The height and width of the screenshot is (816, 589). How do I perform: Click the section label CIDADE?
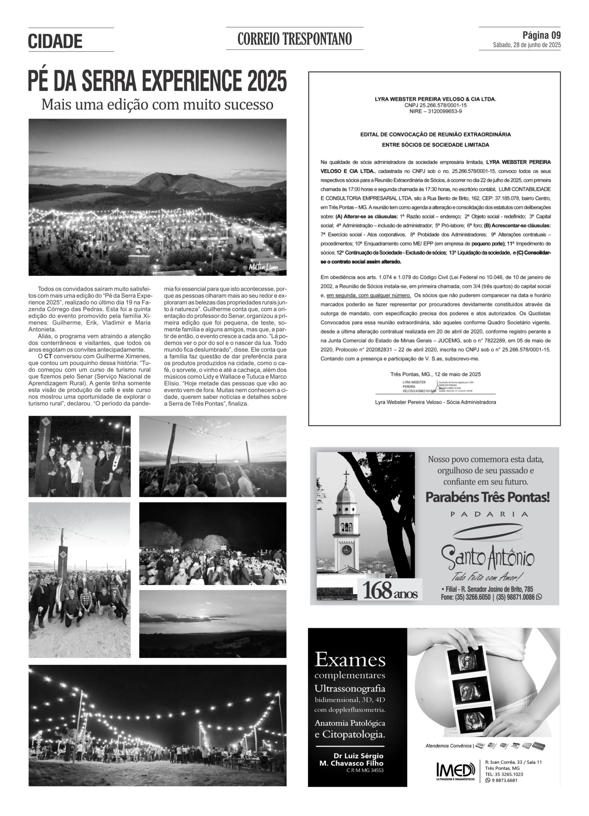[x=55, y=41]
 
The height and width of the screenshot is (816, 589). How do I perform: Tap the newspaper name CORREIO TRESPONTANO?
[x=294, y=39]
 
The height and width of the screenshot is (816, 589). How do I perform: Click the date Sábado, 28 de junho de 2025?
[x=527, y=45]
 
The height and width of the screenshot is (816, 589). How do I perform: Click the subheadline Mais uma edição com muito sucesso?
[x=157, y=105]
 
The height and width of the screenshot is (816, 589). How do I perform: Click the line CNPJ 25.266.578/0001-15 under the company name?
[x=435, y=105]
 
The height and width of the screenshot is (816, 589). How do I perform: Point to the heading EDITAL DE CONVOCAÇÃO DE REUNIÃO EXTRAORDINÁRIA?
[x=435, y=135]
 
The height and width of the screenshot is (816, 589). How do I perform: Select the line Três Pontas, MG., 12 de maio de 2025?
[x=435, y=374]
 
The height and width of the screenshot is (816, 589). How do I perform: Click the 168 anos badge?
[x=390, y=590]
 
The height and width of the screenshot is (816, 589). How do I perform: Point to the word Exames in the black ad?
[x=350, y=660]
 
